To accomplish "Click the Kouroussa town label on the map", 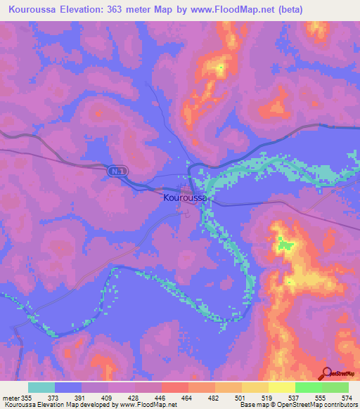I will pyautogui.click(x=184, y=199).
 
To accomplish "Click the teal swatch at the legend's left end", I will pyautogui.click(x=41, y=387).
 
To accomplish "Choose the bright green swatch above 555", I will pyautogui.click(x=309, y=387).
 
